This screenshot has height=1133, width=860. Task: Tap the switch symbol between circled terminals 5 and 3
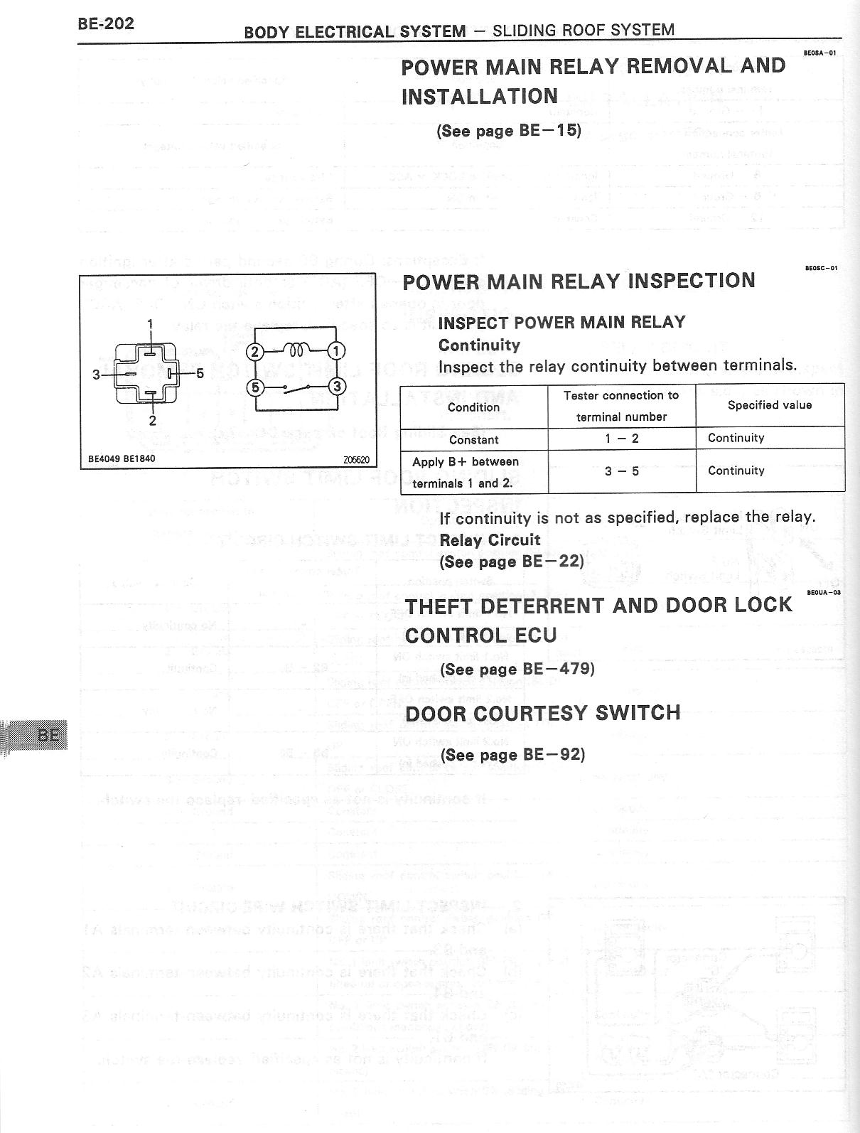pos(296,388)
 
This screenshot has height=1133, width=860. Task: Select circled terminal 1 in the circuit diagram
pos(337,350)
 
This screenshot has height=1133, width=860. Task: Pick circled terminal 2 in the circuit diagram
pos(254,351)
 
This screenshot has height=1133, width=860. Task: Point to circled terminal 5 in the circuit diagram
pos(254,387)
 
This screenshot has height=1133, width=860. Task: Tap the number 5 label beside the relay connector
pos(200,372)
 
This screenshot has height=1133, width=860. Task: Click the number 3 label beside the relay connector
pos(96,374)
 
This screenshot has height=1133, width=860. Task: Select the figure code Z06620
pos(355,459)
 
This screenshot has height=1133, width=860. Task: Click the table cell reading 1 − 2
pos(621,439)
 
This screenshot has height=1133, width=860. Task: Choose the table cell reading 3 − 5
pos(621,471)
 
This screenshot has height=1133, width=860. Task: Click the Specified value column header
pos(769,405)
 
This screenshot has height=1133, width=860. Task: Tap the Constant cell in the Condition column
pos(473,439)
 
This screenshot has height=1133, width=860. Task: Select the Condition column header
pos(473,407)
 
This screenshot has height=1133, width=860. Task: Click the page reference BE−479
pos(557,670)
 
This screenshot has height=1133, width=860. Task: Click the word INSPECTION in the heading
pos(692,281)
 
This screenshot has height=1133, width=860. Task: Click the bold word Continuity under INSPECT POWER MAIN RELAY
pos(479,345)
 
